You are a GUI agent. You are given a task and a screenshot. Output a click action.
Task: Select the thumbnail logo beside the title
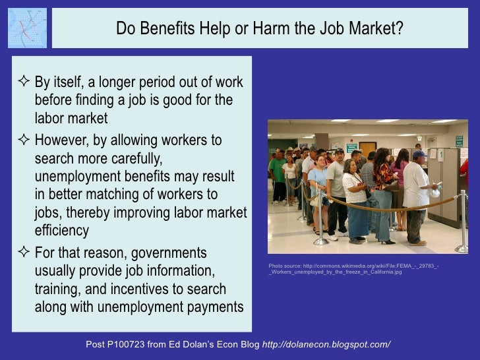(27, 28)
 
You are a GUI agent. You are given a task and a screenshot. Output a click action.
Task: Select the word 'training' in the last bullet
(61, 289)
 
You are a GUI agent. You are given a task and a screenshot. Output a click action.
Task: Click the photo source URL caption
(353, 268)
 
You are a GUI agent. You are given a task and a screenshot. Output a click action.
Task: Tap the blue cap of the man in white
(419, 154)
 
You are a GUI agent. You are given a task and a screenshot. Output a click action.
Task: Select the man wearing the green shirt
(278, 175)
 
